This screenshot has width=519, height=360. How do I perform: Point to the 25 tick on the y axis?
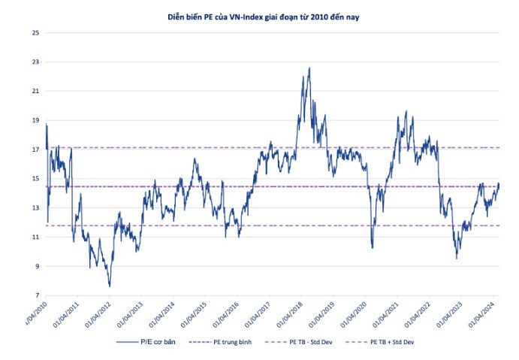coord(35,33)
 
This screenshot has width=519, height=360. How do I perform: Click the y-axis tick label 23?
coord(35,62)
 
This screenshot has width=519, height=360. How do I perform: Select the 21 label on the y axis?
coord(35,91)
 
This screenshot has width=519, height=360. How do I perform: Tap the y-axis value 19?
coord(35,120)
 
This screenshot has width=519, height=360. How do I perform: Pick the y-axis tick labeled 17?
coord(35,150)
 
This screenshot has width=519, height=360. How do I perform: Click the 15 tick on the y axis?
coord(35,179)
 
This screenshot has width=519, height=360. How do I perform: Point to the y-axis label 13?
coord(35,208)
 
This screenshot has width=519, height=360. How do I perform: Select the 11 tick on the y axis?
coord(35,237)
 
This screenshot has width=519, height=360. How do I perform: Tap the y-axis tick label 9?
coord(36,266)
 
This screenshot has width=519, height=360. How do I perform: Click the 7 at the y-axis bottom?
coord(36,295)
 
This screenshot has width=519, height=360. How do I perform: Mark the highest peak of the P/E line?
coord(309,68)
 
